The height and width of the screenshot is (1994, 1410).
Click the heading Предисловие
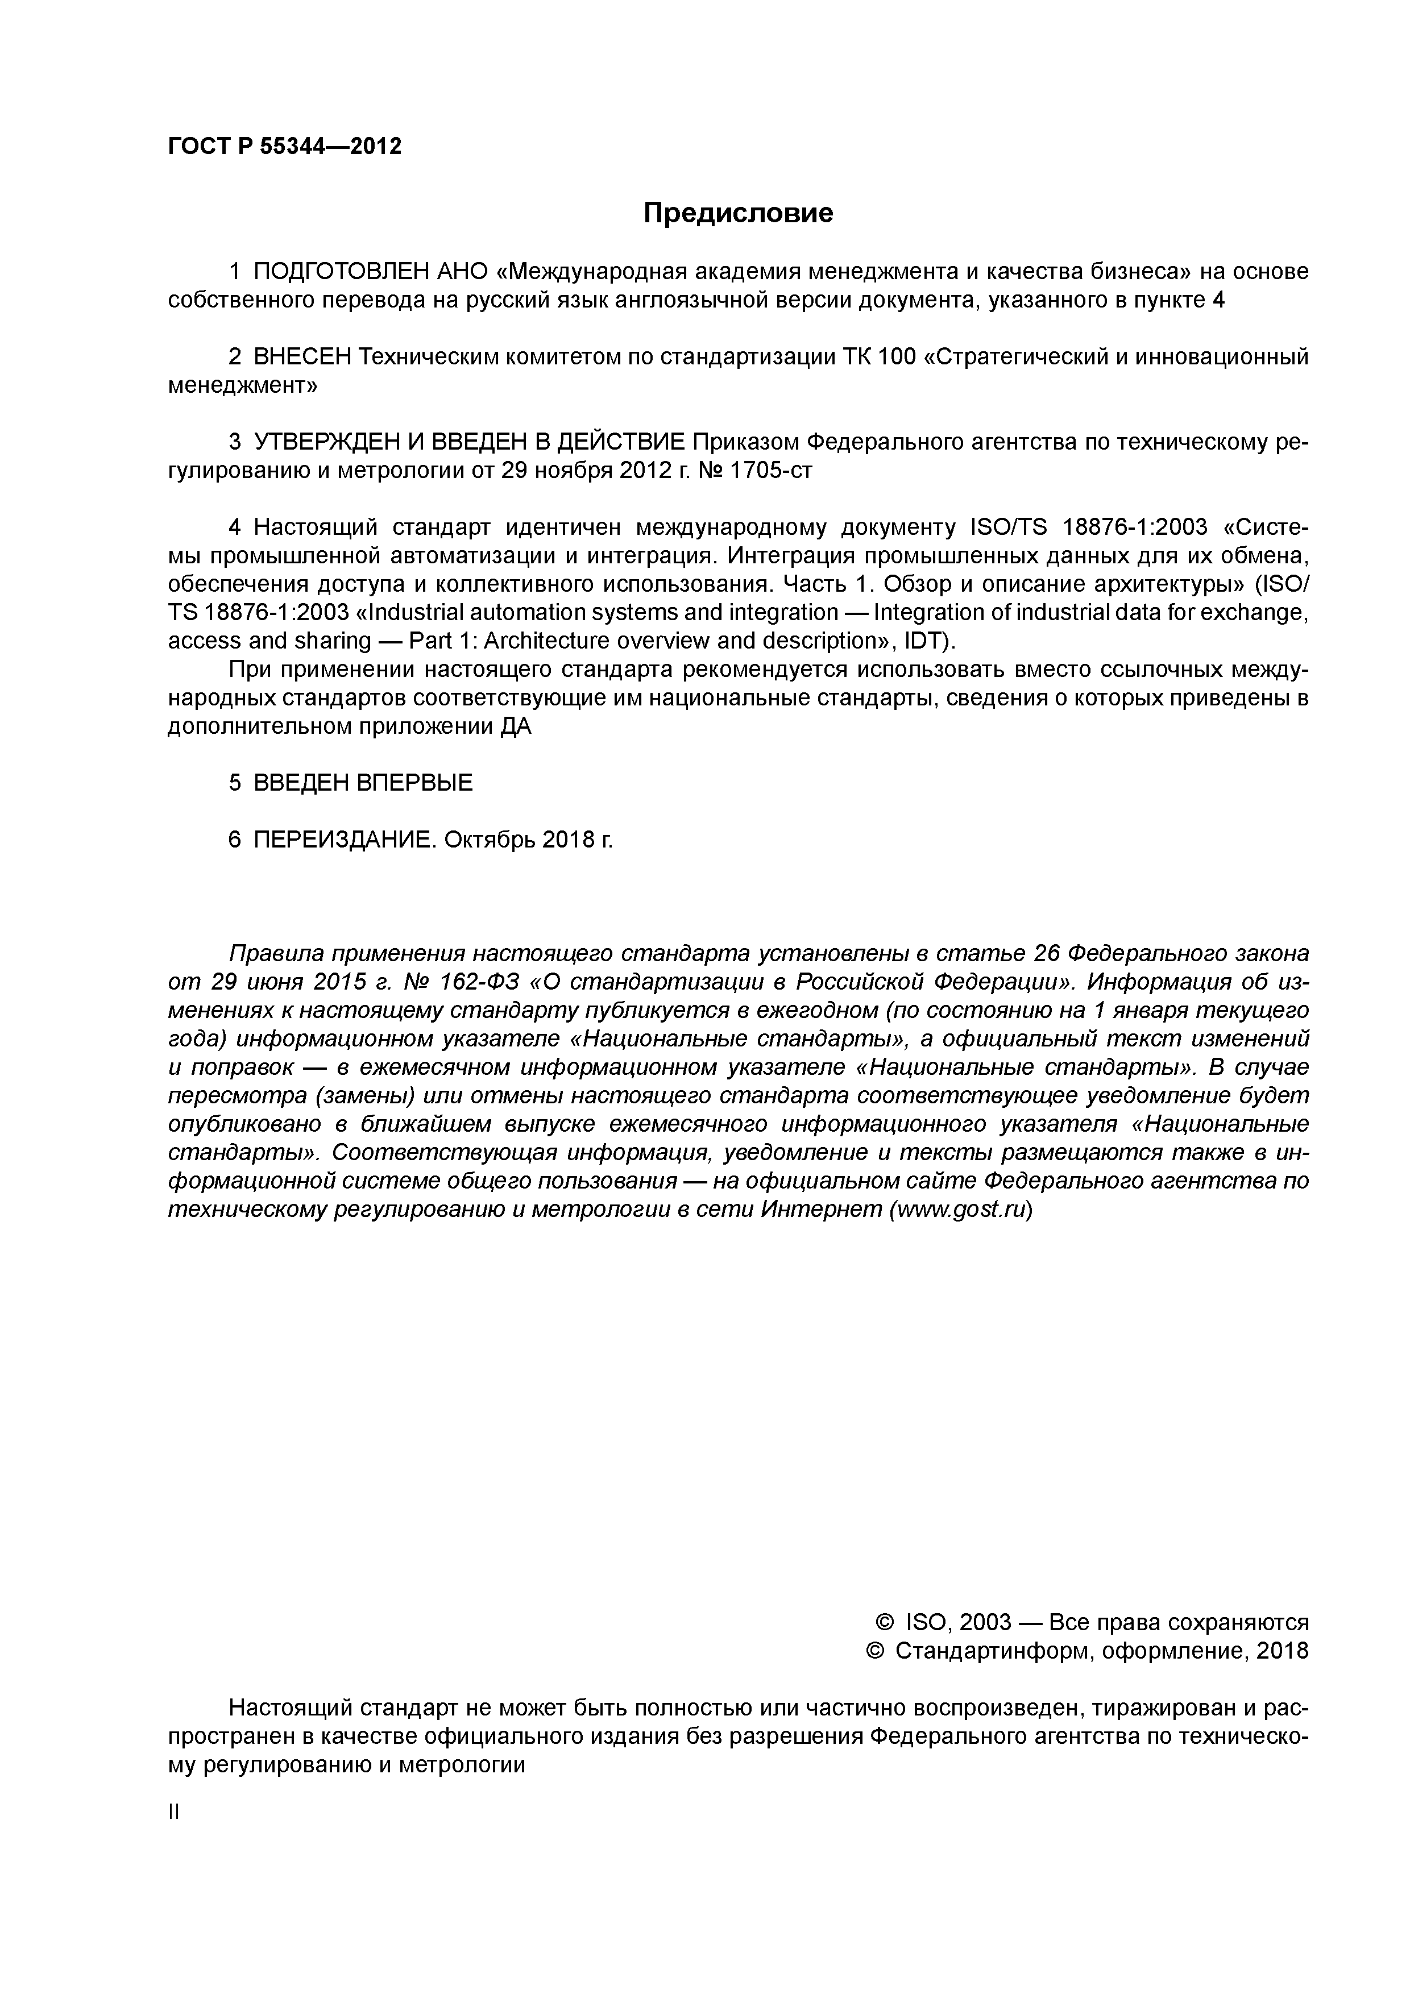click(737, 213)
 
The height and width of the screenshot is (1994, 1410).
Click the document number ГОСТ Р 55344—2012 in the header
click(285, 147)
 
